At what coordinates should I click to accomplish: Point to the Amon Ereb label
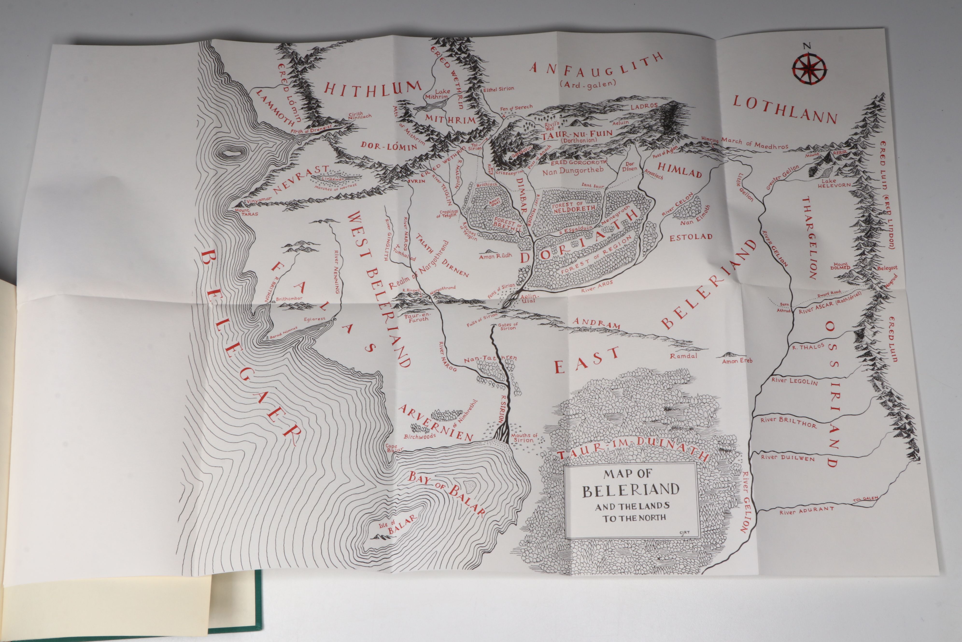[x=737, y=361]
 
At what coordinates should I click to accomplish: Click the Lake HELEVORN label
[x=835, y=183]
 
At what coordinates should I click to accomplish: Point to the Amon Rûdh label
[x=495, y=256]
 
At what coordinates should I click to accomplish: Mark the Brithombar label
[x=289, y=299]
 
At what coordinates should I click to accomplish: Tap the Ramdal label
[x=683, y=356]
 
